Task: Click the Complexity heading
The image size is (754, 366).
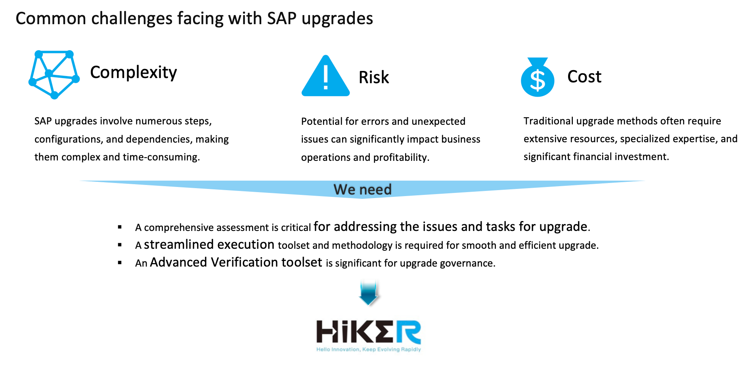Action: (x=133, y=72)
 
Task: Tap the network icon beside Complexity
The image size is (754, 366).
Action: (x=54, y=74)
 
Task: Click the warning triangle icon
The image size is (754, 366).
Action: (x=325, y=76)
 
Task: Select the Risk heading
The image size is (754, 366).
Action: (x=374, y=77)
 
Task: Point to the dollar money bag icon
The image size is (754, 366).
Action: (x=538, y=77)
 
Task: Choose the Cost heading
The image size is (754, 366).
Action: (x=584, y=76)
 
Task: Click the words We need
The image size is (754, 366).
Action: (x=362, y=189)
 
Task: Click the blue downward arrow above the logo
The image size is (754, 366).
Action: (x=369, y=293)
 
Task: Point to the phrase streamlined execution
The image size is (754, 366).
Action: (x=209, y=244)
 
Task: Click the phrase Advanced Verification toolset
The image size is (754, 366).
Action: (x=236, y=262)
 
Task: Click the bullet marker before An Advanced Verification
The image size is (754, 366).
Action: (x=120, y=263)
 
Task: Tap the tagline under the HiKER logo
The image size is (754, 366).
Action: (x=369, y=349)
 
